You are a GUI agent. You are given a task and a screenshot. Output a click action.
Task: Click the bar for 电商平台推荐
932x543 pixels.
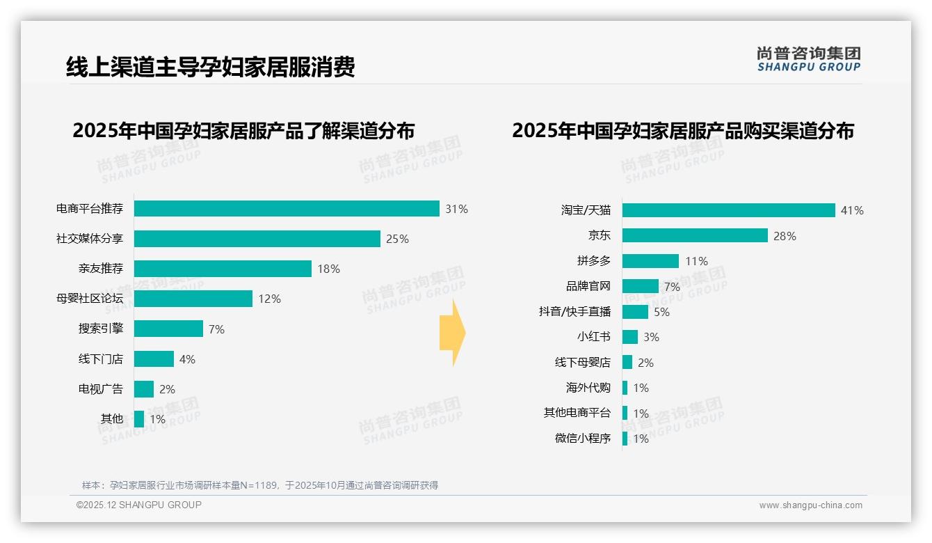pyautogui.click(x=287, y=209)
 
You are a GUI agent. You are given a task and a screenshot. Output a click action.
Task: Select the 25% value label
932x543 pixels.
pyautogui.click(x=397, y=239)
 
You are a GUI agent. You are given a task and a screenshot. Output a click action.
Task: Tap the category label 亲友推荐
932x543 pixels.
pyautogui.click(x=101, y=269)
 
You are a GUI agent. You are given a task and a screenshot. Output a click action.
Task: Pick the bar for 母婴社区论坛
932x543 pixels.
pyautogui.click(x=193, y=299)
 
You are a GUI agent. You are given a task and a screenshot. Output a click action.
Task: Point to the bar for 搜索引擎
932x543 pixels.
pyautogui.click(x=168, y=329)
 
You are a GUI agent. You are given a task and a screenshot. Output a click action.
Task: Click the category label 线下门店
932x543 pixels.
pyautogui.click(x=101, y=359)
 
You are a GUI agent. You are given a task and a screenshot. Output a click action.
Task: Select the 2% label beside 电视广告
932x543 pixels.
pyautogui.click(x=167, y=389)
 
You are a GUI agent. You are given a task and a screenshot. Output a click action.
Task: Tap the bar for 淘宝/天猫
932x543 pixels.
pyautogui.click(x=728, y=210)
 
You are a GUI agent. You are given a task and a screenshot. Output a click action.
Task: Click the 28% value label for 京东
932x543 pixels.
pyautogui.click(x=785, y=236)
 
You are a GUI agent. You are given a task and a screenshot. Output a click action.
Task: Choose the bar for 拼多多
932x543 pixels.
pyautogui.click(x=650, y=261)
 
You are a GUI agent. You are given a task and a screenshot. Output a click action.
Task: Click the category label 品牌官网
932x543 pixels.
pyautogui.click(x=588, y=286)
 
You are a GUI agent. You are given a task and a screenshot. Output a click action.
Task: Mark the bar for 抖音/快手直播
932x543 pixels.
pyautogui.click(x=635, y=312)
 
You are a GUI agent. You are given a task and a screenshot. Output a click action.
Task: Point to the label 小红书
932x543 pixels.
pyautogui.click(x=594, y=337)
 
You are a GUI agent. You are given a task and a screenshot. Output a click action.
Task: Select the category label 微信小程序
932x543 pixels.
pyautogui.click(x=583, y=439)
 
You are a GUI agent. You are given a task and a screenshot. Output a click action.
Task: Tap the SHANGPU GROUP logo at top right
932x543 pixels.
pyautogui.click(x=809, y=59)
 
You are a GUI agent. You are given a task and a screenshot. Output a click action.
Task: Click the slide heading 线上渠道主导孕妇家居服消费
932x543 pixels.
pyautogui.click(x=210, y=67)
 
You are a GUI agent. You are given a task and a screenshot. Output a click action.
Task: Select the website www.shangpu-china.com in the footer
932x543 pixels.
pyautogui.click(x=810, y=505)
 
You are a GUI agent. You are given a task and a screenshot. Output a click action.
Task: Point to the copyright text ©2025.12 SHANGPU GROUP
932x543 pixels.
pyautogui.click(x=139, y=505)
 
